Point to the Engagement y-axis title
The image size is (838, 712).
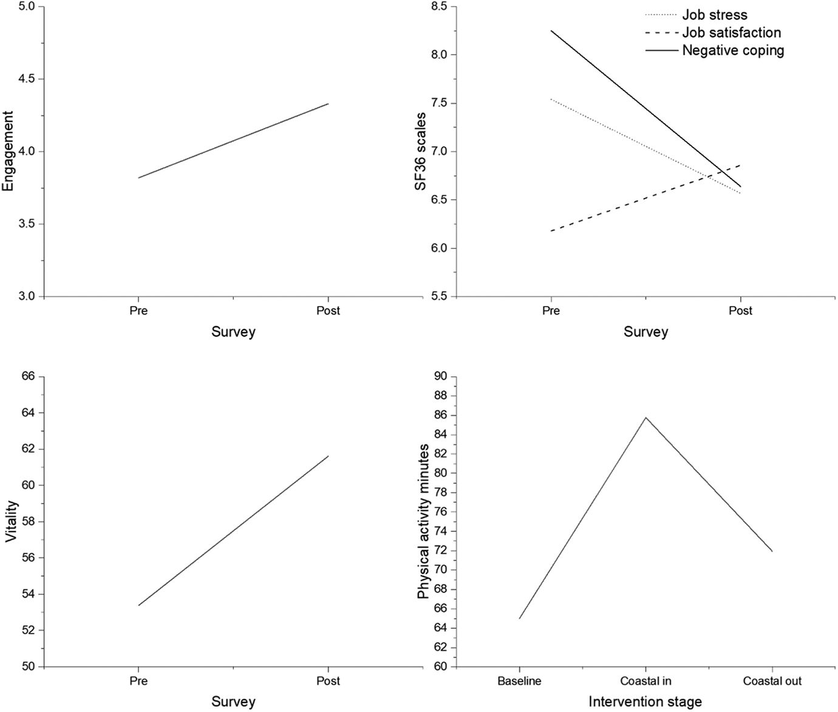point(8,151)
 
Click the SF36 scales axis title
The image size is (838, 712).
point(420,152)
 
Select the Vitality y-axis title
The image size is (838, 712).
point(13,522)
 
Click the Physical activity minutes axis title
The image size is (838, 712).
point(423,522)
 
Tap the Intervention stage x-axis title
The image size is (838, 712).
point(646,701)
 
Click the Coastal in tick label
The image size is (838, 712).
point(646,681)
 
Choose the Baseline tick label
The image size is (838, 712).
point(519,681)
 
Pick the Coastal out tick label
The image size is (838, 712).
point(772,681)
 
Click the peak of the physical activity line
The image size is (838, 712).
point(646,418)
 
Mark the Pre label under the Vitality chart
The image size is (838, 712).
point(138,681)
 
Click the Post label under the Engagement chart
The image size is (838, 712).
point(329,311)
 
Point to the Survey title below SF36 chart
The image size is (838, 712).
point(646,332)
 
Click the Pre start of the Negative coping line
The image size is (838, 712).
point(551,30)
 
